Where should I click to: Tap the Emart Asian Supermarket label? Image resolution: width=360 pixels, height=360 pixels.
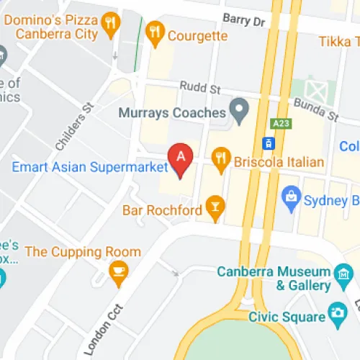90,168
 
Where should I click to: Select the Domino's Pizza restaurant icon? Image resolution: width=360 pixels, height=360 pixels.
110,23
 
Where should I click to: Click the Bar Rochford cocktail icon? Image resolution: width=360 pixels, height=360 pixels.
214,207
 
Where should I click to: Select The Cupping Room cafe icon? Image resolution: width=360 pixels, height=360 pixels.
117,271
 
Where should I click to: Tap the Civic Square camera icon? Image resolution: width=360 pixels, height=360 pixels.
336,313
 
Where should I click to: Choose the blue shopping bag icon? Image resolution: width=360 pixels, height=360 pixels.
292,196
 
